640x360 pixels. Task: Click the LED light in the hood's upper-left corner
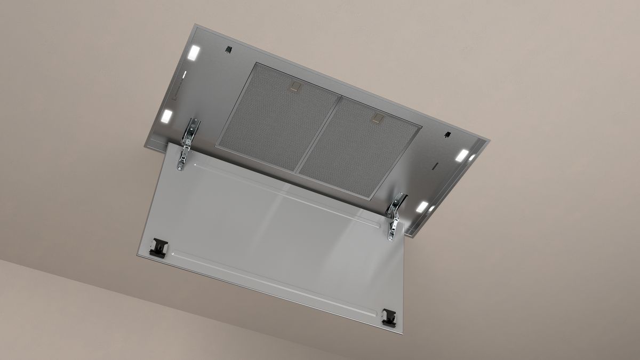coord(193,53)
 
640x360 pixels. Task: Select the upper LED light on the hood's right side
coord(462,156)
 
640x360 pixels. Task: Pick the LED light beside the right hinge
coord(422,206)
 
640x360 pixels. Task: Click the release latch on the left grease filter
coord(294,85)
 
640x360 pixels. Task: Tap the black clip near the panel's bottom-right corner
coord(390,316)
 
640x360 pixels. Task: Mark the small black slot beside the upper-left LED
coord(228,50)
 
